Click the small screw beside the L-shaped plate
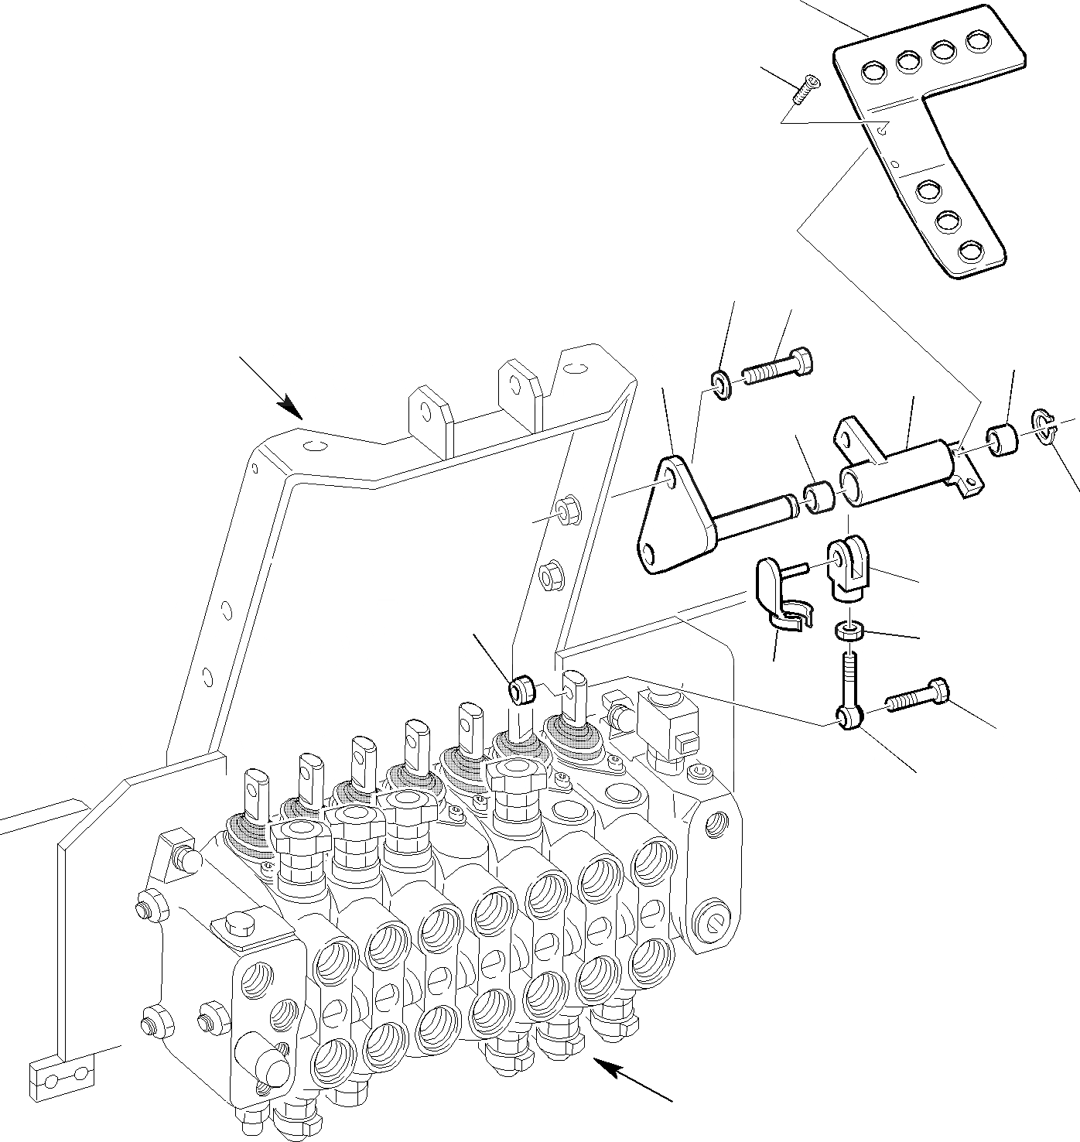click(x=804, y=89)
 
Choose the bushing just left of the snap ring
click(x=1003, y=440)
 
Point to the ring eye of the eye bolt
click(x=847, y=718)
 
